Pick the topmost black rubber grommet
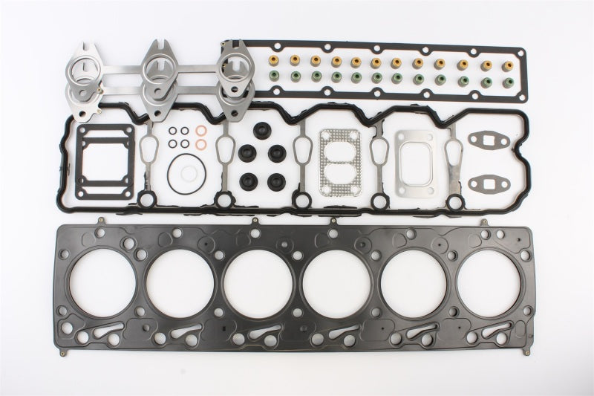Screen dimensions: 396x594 pyautogui.click(x=261, y=129)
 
